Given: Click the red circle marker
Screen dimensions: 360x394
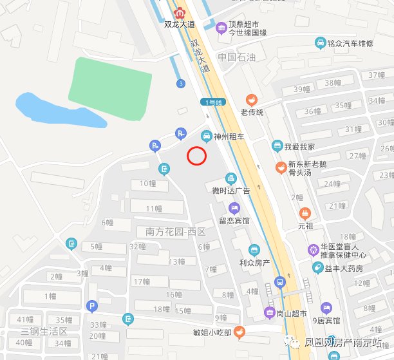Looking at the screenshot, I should [x=196, y=155].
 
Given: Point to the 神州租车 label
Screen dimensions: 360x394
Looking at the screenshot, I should [x=229, y=137].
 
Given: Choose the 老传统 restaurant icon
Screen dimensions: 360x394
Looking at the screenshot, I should [x=252, y=100].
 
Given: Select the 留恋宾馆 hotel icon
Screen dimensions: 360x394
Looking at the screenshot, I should [x=234, y=208].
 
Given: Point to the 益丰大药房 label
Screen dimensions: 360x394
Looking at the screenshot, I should [x=346, y=267].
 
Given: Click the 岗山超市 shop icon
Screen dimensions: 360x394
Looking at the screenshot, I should [x=270, y=314].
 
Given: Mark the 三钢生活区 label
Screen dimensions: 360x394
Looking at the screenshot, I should [x=44, y=331].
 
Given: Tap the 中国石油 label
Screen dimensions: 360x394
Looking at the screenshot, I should [x=236, y=57].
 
